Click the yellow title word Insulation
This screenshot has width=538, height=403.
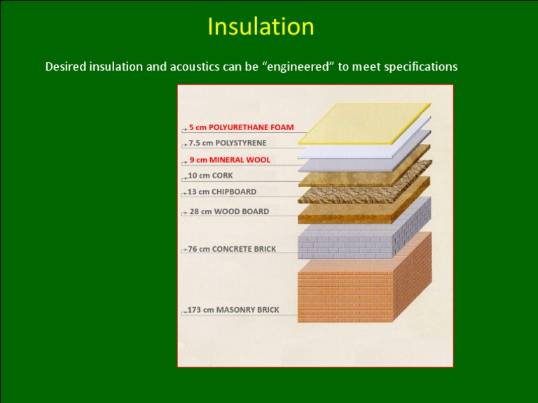(261, 27)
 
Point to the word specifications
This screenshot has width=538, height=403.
(420, 66)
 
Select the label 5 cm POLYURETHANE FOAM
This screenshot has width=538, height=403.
(242, 127)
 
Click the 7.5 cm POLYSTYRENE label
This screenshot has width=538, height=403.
(228, 143)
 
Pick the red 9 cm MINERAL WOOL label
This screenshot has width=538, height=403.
(230, 160)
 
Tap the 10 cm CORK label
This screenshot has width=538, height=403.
(210, 176)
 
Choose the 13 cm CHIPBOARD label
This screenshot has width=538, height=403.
(222, 192)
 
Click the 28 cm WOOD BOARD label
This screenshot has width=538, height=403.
(229, 211)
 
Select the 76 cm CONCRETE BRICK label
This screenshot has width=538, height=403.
(232, 249)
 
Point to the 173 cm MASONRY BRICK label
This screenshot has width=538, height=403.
(233, 310)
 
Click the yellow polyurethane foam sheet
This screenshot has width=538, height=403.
(364, 123)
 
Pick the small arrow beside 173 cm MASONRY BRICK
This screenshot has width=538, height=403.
(184, 312)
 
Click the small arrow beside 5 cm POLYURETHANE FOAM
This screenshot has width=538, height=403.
(185, 129)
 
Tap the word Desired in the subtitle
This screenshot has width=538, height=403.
(66, 66)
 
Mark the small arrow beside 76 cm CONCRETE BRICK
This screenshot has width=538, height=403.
(184, 250)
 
